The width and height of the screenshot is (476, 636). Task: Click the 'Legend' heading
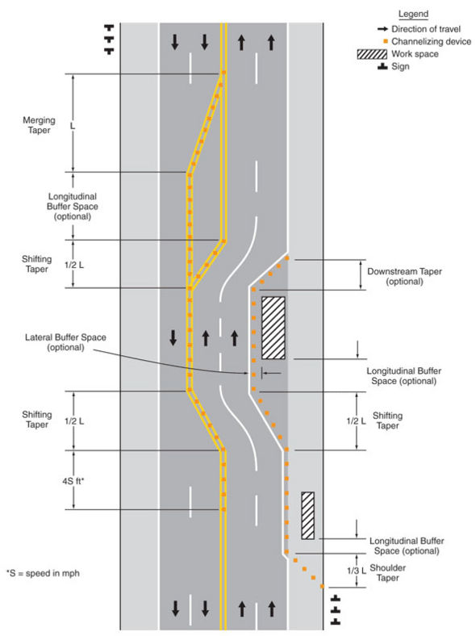coord(413,15)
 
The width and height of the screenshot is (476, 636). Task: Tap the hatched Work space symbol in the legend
coord(372,54)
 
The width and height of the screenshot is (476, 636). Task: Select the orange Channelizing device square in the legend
coord(386,41)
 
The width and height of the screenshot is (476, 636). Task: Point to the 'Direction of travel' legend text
coord(426,29)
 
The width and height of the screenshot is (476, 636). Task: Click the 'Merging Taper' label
coord(39,125)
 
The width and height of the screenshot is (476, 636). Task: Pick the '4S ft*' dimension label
coord(73,481)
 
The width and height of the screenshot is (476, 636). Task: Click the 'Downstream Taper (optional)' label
coord(404,276)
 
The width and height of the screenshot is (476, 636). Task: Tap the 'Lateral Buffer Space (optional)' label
coord(65,342)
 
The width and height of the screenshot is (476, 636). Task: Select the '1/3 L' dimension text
coord(357,571)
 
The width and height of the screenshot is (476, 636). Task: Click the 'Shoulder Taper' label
coord(387,573)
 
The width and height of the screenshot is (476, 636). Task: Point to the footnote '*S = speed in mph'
coord(43,573)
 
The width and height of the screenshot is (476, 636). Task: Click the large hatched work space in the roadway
coord(273,328)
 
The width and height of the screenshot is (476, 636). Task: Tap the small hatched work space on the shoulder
coord(307,516)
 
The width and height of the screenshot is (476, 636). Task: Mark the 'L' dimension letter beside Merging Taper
coord(73,126)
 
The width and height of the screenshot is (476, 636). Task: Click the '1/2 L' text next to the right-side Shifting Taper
coord(356,421)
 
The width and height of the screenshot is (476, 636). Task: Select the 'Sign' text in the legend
coord(400,66)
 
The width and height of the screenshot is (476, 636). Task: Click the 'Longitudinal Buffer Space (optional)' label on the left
coord(72,207)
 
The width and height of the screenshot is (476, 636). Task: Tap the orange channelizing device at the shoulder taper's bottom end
coord(323,587)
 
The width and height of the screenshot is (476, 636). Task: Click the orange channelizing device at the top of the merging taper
coord(223,73)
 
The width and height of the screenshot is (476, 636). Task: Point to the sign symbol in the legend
coord(382,66)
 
